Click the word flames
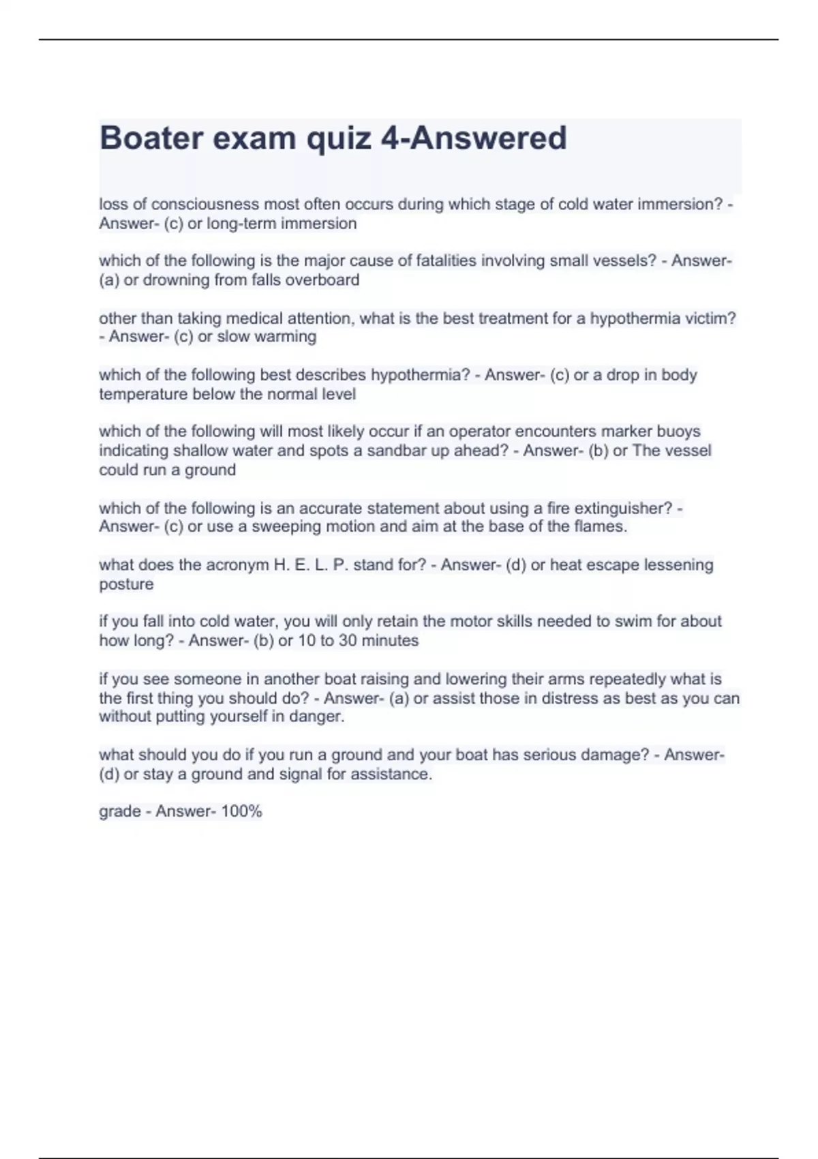click(601, 526)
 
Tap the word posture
click(126, 584)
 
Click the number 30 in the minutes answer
click(348, 641)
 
